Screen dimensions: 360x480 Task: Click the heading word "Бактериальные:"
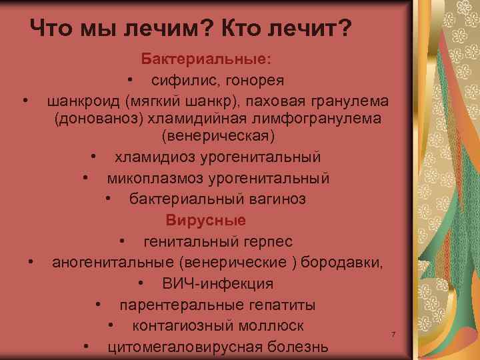coord(206,59)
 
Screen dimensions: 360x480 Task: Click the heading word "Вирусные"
coord(206,220)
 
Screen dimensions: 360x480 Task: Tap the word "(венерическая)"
coord(217,136)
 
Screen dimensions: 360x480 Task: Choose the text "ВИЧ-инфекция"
coord(217,283)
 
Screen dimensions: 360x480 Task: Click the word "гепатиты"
coord(284,305)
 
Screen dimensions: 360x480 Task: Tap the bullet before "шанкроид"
coord(25,100)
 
